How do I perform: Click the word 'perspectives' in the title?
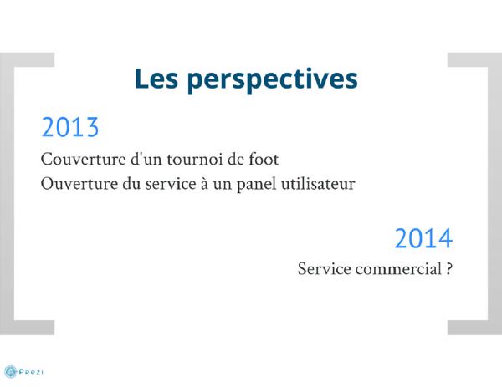273,80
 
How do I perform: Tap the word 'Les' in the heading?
156,78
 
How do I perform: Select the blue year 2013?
70,127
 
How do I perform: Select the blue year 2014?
423,238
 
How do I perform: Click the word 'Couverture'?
83,159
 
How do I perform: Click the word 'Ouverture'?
79,184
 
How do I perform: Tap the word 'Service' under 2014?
325,268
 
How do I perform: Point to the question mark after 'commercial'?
449,268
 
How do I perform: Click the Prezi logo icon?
11,372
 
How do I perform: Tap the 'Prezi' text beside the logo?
31,372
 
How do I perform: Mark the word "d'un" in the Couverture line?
146,159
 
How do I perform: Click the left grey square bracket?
7,194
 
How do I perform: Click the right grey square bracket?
495,194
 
